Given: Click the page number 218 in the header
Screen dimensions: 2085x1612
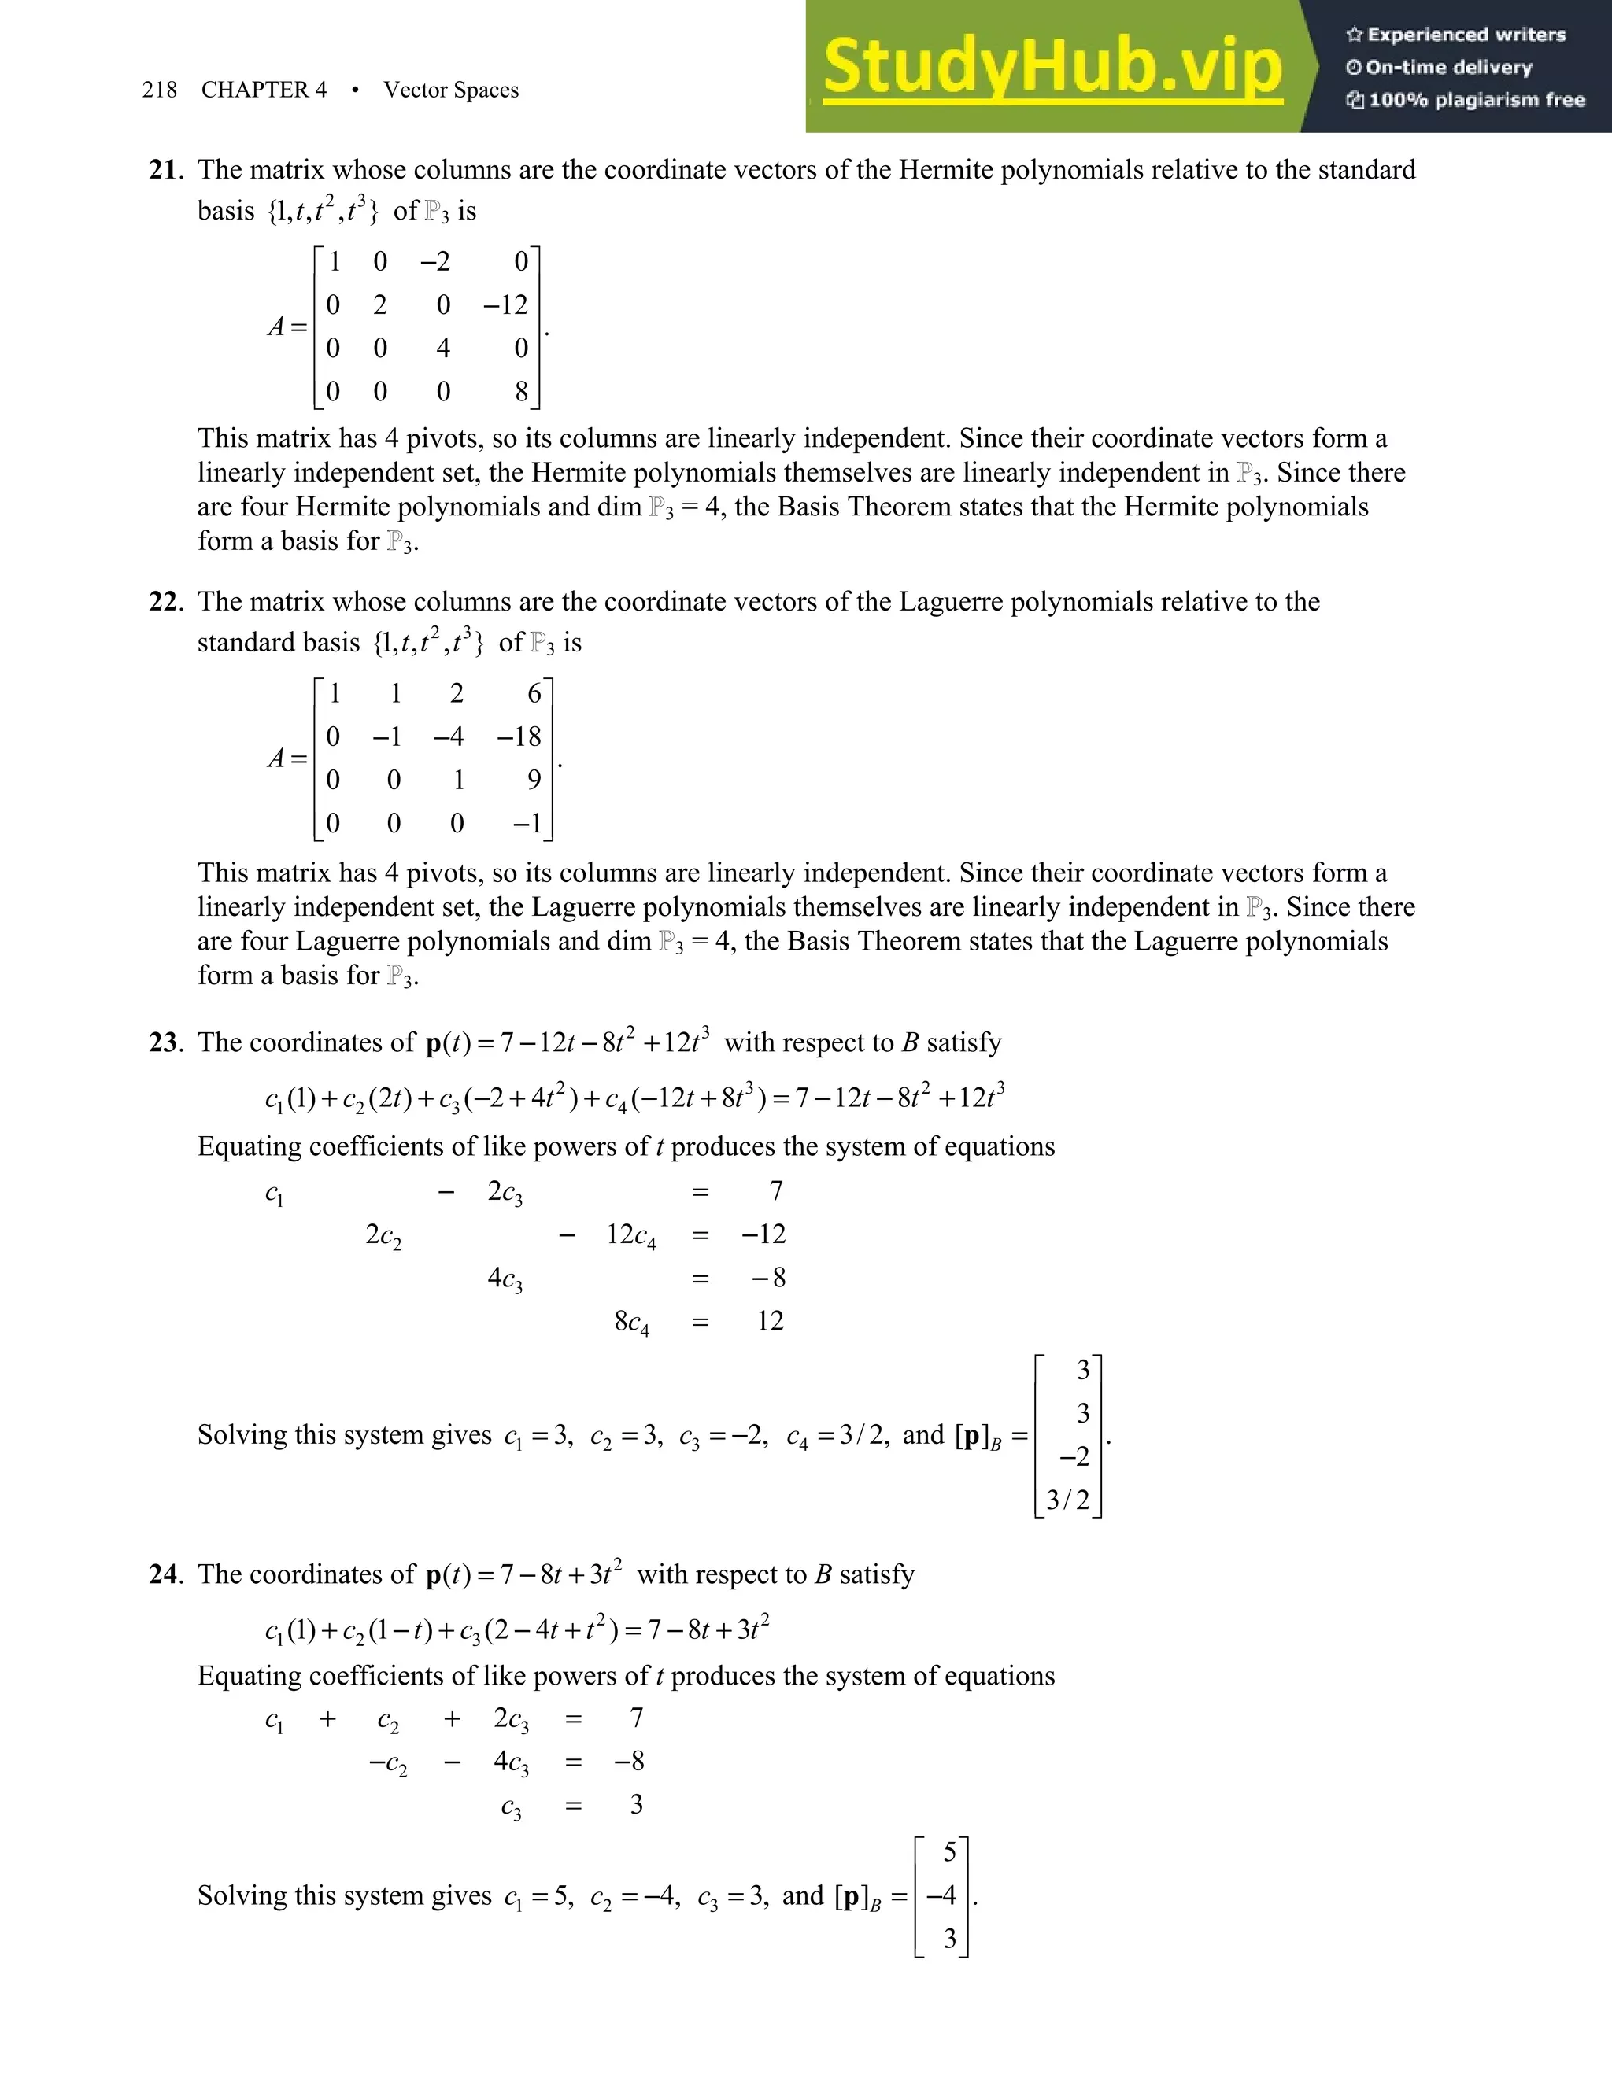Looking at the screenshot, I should (x=160, y=90).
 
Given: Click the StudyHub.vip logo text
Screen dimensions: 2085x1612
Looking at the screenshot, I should (x=1052, y=67).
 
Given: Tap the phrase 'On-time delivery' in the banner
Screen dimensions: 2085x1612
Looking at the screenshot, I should (x=1449, y=67).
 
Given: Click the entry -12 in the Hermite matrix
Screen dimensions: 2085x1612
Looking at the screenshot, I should (x=505, y=304).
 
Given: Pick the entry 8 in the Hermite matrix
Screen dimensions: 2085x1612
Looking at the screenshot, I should (x=520, y=391).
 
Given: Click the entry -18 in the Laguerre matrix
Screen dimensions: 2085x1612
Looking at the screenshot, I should (x=519, y=736).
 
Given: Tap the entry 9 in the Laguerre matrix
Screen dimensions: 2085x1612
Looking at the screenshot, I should (x=534, y=780).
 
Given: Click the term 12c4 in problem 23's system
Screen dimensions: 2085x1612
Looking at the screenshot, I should (x=630, y=1235).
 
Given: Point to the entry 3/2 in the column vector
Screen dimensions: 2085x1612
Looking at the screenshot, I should (x=1067, y=1500).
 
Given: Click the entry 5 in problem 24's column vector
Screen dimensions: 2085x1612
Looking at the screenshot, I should (x=949, y=1852).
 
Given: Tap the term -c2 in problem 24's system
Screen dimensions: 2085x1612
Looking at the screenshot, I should (x=388, y=1762).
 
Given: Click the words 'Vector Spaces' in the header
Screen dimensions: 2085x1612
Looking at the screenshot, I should (x=451, y=90).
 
